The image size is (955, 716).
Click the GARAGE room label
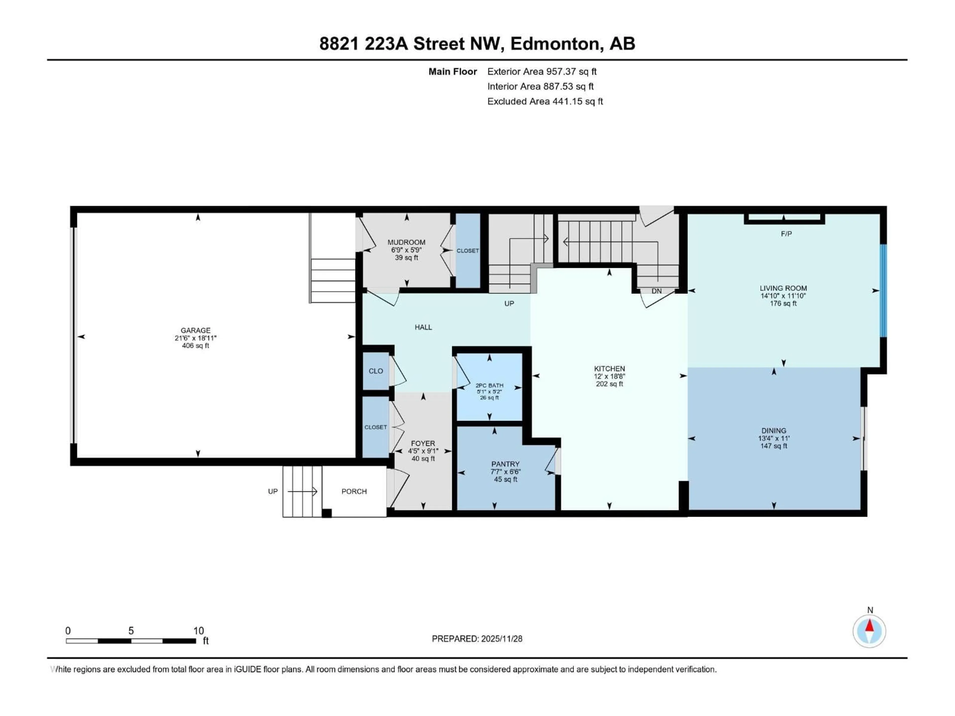[195, 330]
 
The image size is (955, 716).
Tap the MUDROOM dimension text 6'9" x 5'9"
[406, 250]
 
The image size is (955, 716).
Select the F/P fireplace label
[786, 234]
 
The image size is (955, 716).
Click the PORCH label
[354, 491]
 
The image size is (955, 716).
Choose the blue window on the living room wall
[883, 290]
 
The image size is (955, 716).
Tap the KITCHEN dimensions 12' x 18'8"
[609, 376]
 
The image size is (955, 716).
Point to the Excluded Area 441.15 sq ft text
[545, 101]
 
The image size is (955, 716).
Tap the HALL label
[423, 327]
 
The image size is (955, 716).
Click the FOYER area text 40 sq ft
[423, 459]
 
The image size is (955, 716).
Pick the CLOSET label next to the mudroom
[468, 251]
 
